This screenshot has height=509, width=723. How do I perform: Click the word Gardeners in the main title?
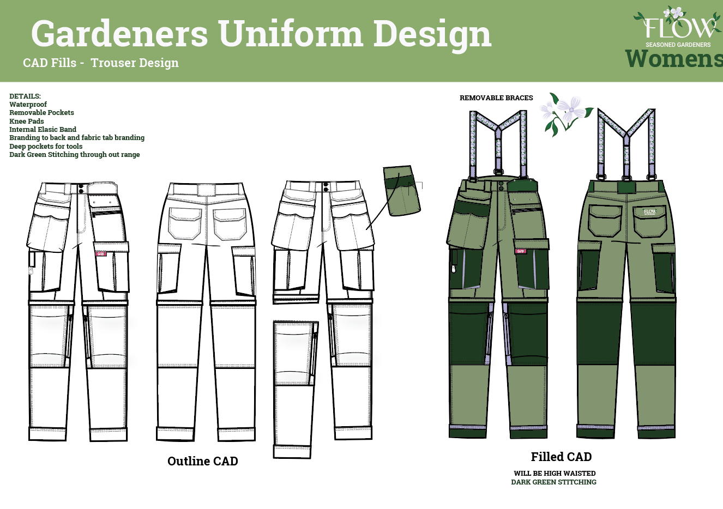point(120,34)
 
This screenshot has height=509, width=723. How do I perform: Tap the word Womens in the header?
point(674,59)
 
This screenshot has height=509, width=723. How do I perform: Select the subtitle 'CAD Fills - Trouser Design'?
point(101,63)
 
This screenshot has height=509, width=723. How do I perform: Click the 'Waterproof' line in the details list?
point(28,104)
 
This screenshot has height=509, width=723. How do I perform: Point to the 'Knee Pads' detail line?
point(26,121)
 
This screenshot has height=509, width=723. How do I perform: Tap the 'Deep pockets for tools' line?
point(46,146)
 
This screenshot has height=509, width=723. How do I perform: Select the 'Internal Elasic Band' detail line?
point(43,129)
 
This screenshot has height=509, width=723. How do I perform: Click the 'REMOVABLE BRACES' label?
point(496,98)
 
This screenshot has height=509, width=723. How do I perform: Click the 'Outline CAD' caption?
point(202,461)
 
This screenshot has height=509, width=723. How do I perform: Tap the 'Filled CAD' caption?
point(561,457)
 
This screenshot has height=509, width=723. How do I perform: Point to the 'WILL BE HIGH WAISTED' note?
point(555,473)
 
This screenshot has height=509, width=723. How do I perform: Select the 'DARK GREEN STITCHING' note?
point(553,482)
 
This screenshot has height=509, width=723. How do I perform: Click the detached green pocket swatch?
point(402,191)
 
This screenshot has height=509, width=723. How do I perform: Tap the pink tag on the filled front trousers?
point(520,251)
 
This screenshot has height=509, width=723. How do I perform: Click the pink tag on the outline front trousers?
point(101,253)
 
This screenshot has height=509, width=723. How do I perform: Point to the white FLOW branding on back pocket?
point(649,211)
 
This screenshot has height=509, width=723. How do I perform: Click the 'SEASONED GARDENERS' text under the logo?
point(678,45)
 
